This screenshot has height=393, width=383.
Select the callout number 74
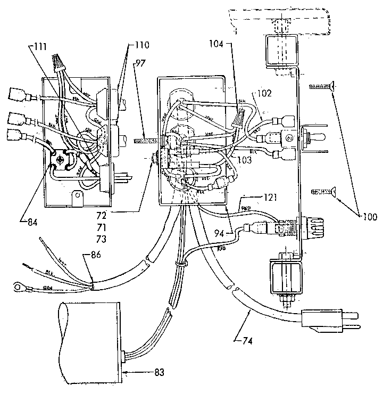pyautogui.click(x=242, y=337)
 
